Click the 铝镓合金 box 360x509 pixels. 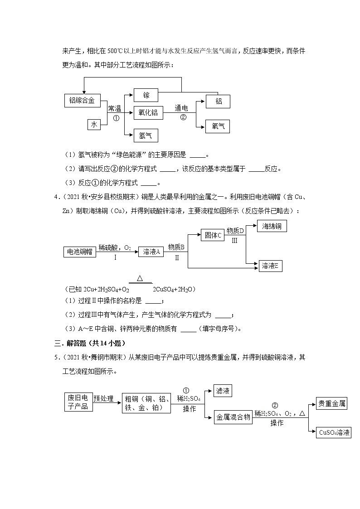tap(82, 101)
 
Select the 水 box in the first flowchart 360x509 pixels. tap(94, 124)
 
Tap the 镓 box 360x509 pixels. tap(146, 95)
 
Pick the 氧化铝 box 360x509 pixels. tap(148, 112)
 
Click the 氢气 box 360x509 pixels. tap(146, 135)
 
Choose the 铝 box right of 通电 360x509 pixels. tap(218, 101)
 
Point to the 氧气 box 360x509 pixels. tap(218, 126)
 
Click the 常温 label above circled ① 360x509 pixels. tap(114, 108)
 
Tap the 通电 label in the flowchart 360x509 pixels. tap(181, 108)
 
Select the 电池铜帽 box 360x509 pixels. tap(80, 252)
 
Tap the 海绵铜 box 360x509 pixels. tap(272, 226)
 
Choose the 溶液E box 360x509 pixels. tap(271, 266)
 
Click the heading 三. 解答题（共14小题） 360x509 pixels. tap(90, 343)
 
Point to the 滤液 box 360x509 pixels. tap(223, 391)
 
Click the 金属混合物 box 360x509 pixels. tap(233, 417)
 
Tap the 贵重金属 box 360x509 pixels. tap(331, 403)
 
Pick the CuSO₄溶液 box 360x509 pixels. tap(334, 432)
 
